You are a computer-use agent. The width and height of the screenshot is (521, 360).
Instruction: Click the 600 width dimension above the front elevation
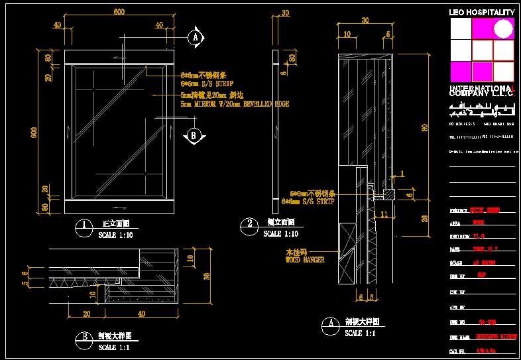point(119,13)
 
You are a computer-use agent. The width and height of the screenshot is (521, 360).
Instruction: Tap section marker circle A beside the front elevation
point(195,37)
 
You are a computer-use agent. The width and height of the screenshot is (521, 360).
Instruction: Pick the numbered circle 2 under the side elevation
point(249,225)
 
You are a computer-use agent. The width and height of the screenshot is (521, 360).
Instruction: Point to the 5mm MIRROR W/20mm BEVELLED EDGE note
point(235,104)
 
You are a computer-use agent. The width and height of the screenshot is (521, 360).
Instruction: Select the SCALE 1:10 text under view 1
point(116,235)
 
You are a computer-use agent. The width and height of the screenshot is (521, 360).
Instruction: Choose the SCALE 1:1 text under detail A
point(363,333)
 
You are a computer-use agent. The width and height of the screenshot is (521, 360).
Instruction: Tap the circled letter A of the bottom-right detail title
point(331,324)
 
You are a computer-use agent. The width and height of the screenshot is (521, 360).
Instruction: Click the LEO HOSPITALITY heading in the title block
point(482,13)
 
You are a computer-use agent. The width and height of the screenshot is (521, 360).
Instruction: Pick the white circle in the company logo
point(503,28)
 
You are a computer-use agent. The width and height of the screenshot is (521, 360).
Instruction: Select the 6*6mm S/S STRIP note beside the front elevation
point(205,84)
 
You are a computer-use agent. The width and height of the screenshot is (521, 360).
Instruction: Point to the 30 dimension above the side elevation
point(285,13)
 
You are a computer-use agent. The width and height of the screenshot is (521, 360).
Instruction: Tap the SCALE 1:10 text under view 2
point(281,233)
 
